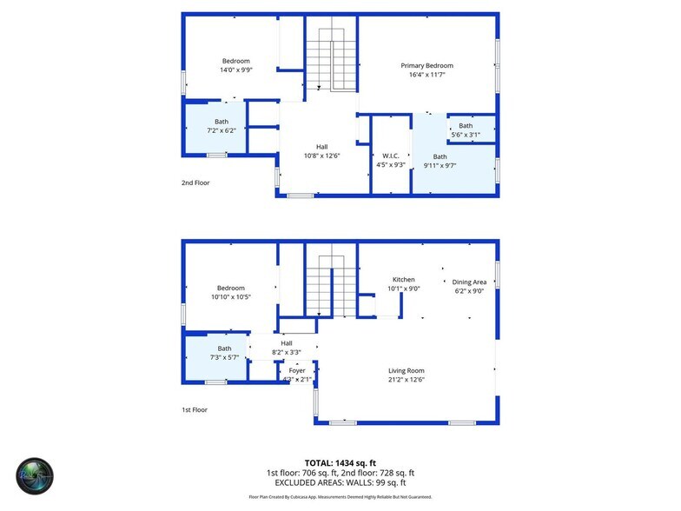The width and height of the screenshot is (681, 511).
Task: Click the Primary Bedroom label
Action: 426,65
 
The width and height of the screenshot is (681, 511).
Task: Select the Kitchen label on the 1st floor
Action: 403,280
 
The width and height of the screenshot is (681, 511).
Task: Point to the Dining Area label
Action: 470,282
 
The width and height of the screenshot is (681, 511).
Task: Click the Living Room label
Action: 406,371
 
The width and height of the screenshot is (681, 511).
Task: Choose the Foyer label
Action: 297,371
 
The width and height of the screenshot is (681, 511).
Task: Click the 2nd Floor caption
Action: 195,183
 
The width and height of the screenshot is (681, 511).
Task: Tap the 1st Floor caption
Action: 195,409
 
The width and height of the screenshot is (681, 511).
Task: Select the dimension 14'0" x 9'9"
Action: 235,70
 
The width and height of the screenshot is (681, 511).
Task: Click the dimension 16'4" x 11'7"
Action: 426,75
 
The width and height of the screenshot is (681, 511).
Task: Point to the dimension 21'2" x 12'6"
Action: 406,380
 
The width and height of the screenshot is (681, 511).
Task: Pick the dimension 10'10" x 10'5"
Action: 230,297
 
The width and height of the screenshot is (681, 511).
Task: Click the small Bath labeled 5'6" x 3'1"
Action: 466,126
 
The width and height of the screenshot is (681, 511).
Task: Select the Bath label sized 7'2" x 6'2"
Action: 221,122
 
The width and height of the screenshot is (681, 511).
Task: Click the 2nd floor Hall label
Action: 321,147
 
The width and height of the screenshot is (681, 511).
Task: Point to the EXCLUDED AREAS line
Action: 340,482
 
